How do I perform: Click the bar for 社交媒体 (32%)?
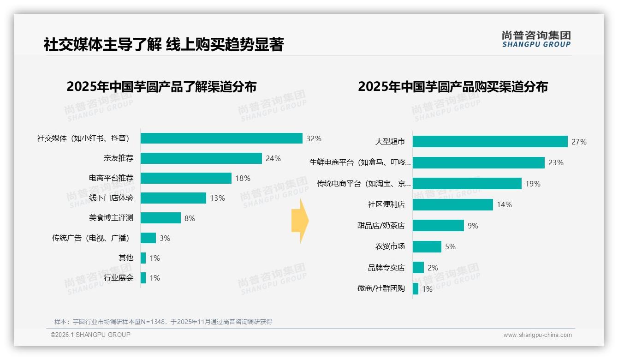[221, 138]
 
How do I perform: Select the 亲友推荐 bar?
[201, 158]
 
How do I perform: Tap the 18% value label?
[243, 178]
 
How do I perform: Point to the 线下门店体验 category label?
[111, 198]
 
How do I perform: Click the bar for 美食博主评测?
[160, 218]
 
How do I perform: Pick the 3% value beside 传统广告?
[165, 238]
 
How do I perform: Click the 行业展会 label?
[119, 278]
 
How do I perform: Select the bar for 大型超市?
[490, 142]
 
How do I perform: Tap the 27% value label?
[579, 142]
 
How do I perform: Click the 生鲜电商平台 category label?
[360, 162]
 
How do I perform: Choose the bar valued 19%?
[467, 184]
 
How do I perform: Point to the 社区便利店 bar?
[452, 204]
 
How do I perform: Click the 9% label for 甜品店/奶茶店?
[473, 226]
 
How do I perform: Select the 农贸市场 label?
[390, 246]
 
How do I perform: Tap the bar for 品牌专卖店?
[418, 268]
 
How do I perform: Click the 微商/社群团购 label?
[381, 288]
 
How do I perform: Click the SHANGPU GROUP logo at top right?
[536, 39]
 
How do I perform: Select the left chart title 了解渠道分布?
[161, 87]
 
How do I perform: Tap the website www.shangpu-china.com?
[537, 335]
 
